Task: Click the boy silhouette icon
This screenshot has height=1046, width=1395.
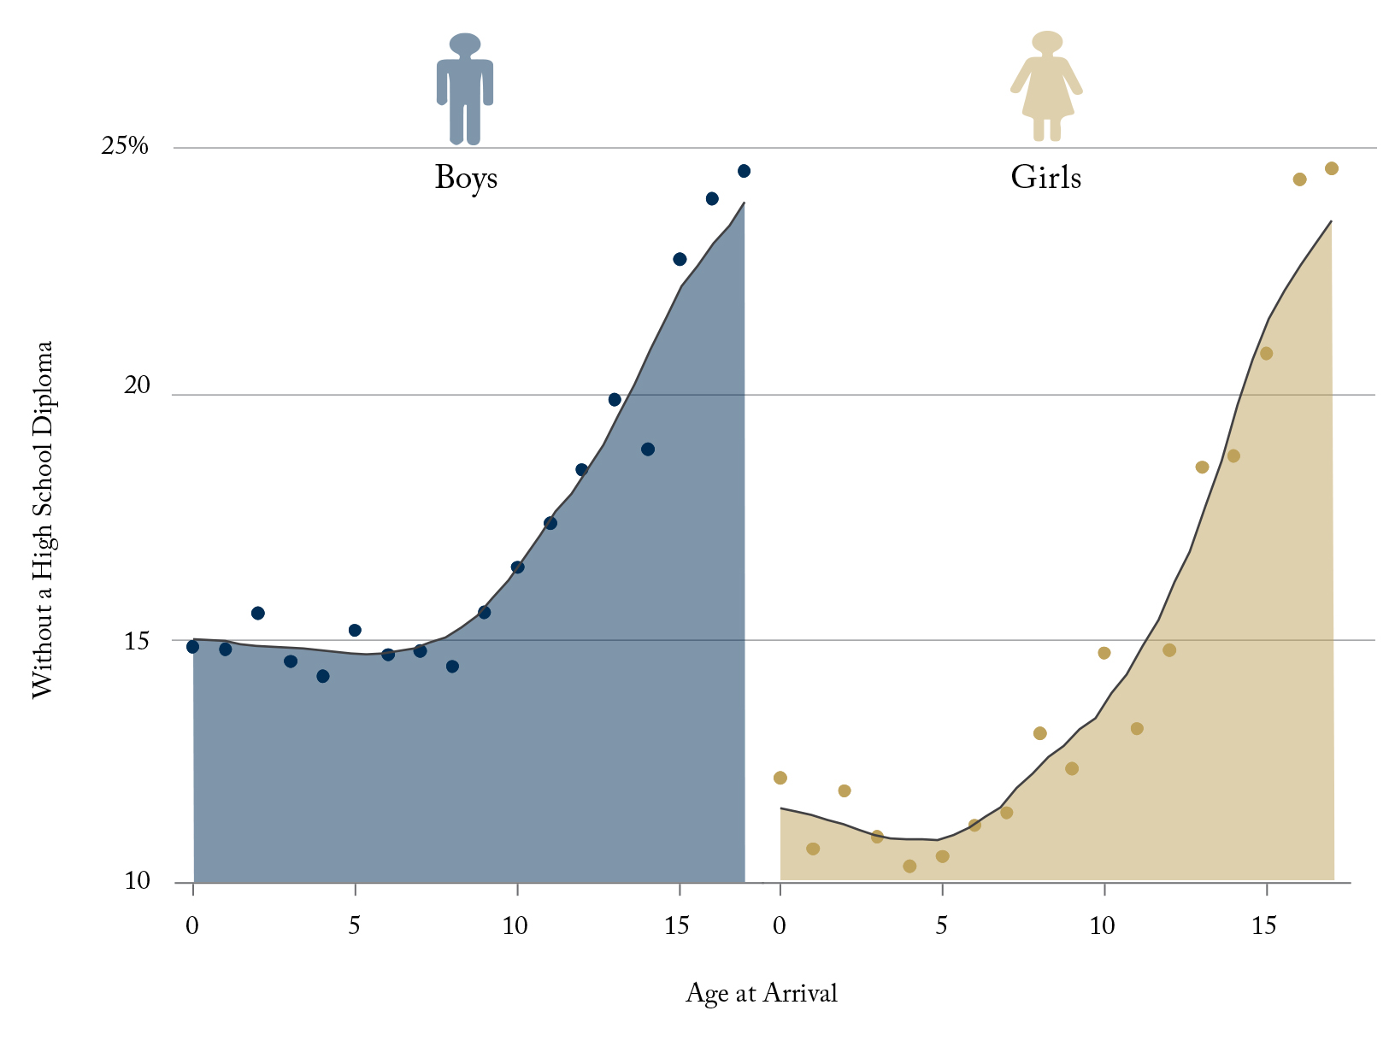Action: click(x=465, y=89)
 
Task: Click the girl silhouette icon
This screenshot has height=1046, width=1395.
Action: click(x=1046, y=86)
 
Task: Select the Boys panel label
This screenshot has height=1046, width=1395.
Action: click(x=466, y=178)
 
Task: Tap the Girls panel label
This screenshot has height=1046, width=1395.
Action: click(x=1045, y=178)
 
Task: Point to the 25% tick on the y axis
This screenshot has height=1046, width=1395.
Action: click(x=125, y=147)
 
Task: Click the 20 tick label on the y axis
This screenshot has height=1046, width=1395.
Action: click(x=137, y=386)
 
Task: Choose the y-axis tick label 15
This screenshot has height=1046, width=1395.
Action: click(x=137, y=641)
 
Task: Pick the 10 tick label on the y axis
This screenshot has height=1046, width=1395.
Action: click(x=137, y=881)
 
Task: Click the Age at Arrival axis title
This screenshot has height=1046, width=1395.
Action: click(x=761, y=993)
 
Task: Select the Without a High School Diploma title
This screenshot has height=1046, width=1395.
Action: click(x=43, y=520)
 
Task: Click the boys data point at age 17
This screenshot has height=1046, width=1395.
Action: click(x=744, y=171)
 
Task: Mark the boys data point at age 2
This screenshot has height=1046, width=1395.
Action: click(x=258, y=613)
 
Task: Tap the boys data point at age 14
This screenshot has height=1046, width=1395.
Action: click(x=648, y=450)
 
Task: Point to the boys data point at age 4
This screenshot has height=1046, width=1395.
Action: click(x=323, y=676)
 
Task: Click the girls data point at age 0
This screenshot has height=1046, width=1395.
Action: click(x=780, y=778)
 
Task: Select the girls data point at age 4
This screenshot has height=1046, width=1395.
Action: click(x=909, y=867)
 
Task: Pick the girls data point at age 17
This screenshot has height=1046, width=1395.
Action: click(x=1332, y=168)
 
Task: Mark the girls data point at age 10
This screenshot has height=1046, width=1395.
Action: click(x=1104, y=653)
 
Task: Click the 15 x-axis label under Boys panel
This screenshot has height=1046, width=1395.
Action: click(x=677, y=926)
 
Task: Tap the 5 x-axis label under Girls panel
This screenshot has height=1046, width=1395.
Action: click(x=941, y=926)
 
